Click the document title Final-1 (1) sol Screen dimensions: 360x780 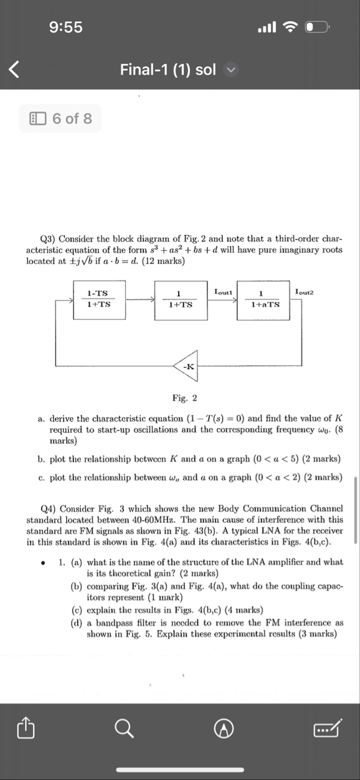pyautogui.click(x=168, y=69)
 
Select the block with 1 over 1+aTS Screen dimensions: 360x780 pyautogui.click(x=264, y=299)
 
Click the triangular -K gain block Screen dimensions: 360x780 pyautogui.click(x=186, y=366)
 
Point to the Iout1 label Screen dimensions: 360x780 pyautogui.click(x=223, y=291)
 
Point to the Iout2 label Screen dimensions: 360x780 pyautogui.click(x=305, y=291)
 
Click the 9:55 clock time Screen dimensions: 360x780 pyautogui.click(x=66, y=27)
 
